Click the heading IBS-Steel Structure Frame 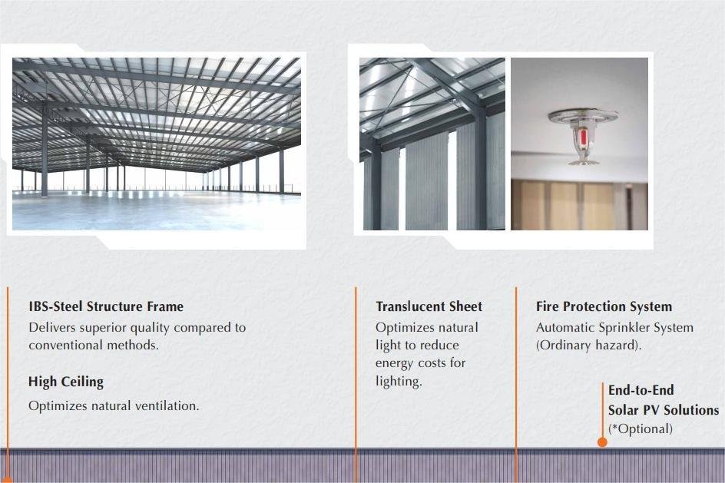click(106, 306)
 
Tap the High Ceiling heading click(66, 382)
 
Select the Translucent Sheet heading click(429, 306)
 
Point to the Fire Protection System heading click(604, 306)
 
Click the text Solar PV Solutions click(664, 410)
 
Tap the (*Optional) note click(641, 429)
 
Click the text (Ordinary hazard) click(588, 346)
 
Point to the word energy click(395, 364)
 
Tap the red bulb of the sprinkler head click(583, 136)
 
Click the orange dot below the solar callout click(602, 442)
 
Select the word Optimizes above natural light click(404, 328)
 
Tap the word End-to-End click(641, 390)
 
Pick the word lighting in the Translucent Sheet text click(399, 382)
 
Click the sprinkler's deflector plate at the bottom click(584, 162)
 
